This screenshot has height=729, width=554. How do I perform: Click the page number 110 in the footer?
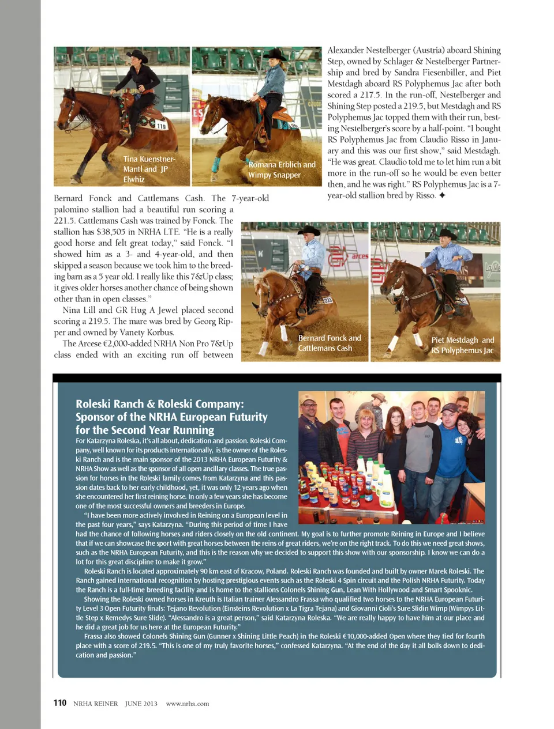pos(59,702)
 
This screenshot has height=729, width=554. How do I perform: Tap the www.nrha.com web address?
pos(188,704)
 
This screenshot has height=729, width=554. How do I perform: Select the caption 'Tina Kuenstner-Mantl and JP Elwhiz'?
pos(149,169)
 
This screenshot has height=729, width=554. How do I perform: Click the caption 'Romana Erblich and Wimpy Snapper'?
pos(282,169)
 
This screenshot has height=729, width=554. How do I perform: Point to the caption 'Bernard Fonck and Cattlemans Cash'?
pos(329,343)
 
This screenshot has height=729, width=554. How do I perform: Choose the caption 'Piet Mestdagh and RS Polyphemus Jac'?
pos(462,345)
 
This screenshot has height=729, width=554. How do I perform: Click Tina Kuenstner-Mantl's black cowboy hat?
pos(137,55)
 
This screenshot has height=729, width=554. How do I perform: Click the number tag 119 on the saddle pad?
pos(161,126)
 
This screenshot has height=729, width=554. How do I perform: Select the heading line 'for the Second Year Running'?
pos(145,430)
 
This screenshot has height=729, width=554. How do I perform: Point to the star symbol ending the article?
pos(442,195)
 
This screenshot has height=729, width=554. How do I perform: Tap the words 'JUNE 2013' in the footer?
pos(141,704)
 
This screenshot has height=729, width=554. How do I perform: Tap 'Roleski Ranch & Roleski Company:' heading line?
pos(160,404)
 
